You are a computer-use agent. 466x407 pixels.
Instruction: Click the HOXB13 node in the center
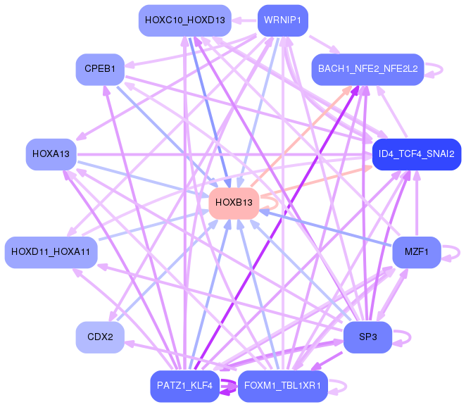[234, 203]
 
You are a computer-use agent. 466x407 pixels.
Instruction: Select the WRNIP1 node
[283, 20]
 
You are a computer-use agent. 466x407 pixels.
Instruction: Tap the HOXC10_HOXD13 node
[185, 20]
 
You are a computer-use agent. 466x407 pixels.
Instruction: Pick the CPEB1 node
[100, 69]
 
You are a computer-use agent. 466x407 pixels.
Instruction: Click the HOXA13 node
[51, 154]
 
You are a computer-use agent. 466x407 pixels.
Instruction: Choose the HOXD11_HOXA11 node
[51, 252]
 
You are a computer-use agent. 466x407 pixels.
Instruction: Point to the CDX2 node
[100, 337]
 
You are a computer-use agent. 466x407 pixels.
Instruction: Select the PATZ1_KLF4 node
[185, 386]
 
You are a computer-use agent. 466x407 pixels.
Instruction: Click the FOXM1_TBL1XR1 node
[283, 386]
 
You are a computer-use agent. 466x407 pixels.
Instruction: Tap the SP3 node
[367, 337]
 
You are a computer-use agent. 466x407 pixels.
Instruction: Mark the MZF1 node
[417, 252]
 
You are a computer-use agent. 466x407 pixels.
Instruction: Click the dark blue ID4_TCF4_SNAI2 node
[417, 154]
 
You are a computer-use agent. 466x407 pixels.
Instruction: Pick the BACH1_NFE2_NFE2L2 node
[367, 69]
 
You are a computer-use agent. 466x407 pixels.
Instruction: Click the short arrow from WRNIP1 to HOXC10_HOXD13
[244, 21]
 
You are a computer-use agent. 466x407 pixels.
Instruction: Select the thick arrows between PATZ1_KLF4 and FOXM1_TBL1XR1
[229, 387]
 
